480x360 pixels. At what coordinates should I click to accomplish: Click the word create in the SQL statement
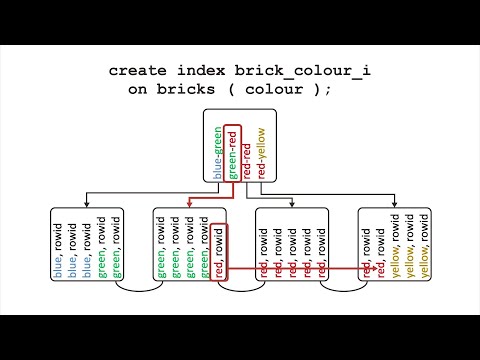tap(139, 71)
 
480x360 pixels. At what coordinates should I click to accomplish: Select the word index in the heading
tap(209, 71)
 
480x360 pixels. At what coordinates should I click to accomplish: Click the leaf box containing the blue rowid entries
tap(87, 245)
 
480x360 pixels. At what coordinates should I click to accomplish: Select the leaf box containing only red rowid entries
tap(293, 245)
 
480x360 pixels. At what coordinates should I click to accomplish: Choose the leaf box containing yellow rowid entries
tap(396, 245)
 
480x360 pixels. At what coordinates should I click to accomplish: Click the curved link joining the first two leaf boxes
tap(139, 291)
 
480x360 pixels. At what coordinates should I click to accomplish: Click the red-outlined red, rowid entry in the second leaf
tap(220, 250)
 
